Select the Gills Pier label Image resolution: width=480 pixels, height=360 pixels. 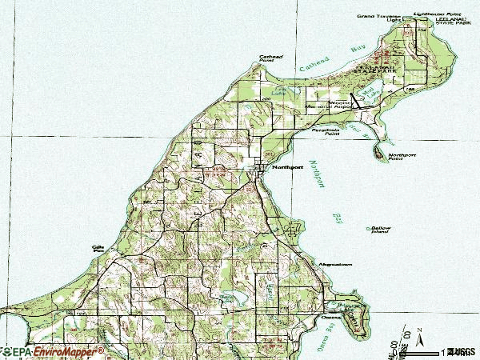coord(99,249)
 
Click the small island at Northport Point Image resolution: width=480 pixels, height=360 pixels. coord(377,150)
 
